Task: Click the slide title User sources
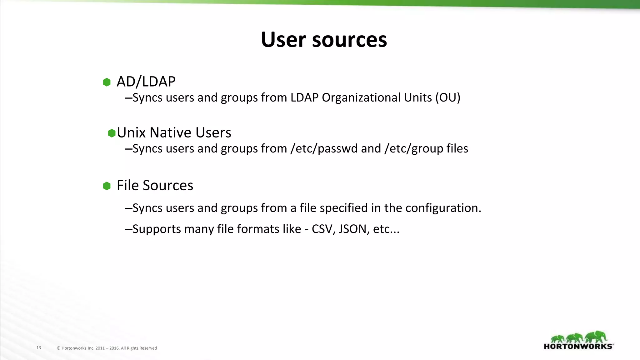coord(324,40)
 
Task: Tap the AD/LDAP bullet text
coord(146,82)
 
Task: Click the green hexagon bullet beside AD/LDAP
coord(107,82)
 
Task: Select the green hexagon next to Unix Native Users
coord(112,133)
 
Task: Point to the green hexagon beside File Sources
coord(107,186)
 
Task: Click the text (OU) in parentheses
coord(448,98)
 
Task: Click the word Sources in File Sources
coord(168,186)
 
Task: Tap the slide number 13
coord(39,348)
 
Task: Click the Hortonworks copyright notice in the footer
coord(107,348)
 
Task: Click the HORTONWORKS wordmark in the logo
coord(578,346)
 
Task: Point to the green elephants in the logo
coord(579,337)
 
